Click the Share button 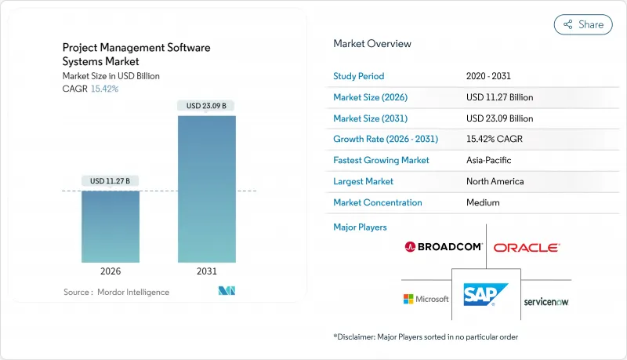[583, 24]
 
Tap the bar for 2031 [207, 189]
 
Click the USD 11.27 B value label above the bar [111, 181]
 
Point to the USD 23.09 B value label [207, 106]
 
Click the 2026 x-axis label [111, 271]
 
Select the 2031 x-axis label [207, 271]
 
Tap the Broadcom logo [443, 247]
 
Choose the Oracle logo [527, 247]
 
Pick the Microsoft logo [426, 299]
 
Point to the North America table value [496, 181]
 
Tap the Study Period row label [359, 76]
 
